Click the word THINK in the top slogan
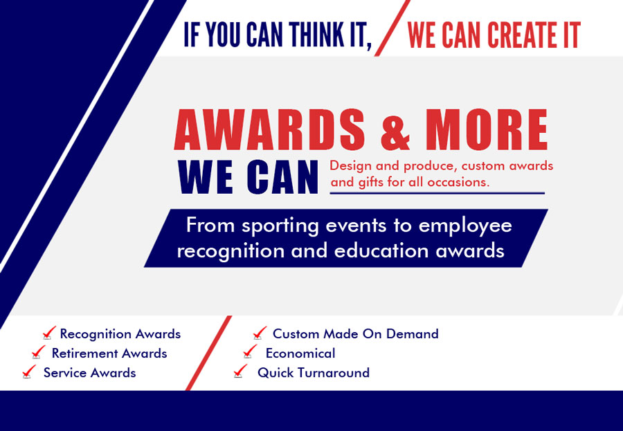pos(315,35)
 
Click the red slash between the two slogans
pos(392,28)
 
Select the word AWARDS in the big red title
pos(269,129)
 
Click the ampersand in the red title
pos(395,131)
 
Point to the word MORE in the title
pos(487,129)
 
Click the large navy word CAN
pos(282,177)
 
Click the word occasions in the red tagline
pos(458,183)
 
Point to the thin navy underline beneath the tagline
pos(437,194)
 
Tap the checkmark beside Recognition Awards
pos(49,333)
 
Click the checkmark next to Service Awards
pos(29,372)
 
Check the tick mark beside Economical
pos(250,352)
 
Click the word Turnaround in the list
pos(334,373)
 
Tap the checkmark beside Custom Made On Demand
pos(260,333)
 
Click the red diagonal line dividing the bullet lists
pos(208,353)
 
